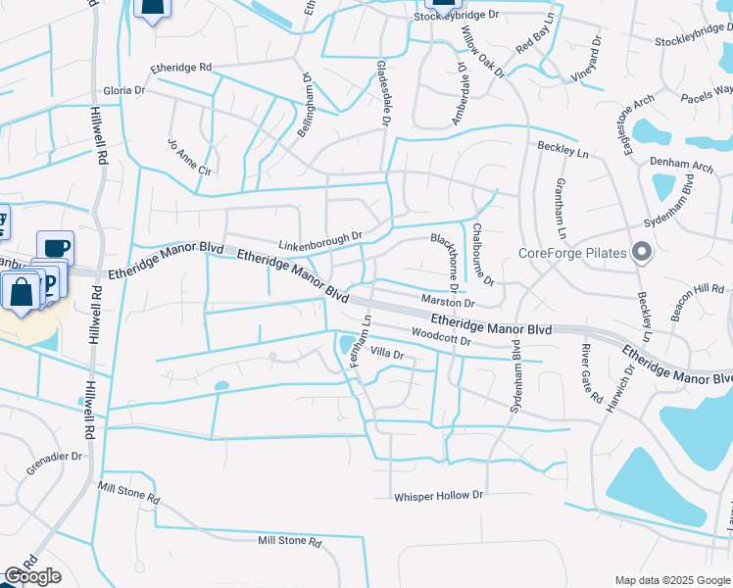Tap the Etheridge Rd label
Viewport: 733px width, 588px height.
(181, 68)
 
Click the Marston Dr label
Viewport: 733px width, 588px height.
(447, 303)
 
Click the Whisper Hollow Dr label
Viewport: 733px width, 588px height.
(439, 496)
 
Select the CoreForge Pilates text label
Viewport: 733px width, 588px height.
(571, 253)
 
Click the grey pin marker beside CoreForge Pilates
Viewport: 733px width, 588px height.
(642, 253)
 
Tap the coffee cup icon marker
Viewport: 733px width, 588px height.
(55, 246)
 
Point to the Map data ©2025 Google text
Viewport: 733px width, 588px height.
(672, 580)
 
